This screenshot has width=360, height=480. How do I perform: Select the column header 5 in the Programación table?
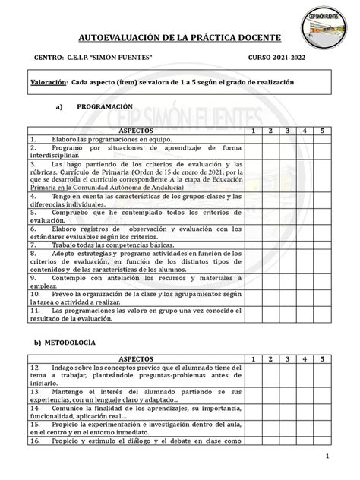pos(321,131)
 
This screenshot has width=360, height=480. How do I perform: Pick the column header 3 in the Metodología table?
pos(288,358)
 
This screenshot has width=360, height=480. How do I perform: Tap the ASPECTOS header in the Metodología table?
pos(135,358)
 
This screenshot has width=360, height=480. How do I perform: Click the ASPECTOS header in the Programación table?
pos(135,131)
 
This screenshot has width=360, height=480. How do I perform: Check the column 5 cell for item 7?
pos(321,245)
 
